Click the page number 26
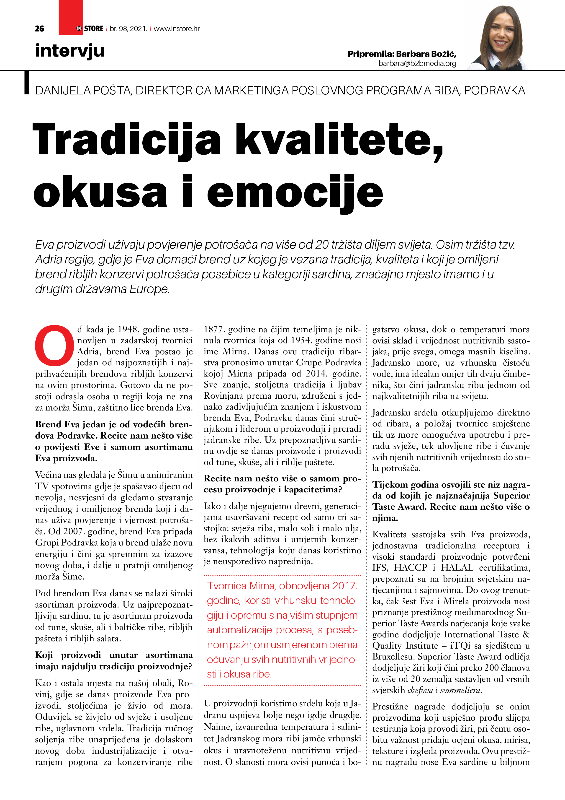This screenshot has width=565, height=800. tap(40, 29)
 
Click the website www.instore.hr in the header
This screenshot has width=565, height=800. tap(177, 29)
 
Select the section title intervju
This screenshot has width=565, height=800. tap(70, 51)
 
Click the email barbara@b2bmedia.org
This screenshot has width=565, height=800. tap(417, 63)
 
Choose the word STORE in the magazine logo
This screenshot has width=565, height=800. tap(94, 29)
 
